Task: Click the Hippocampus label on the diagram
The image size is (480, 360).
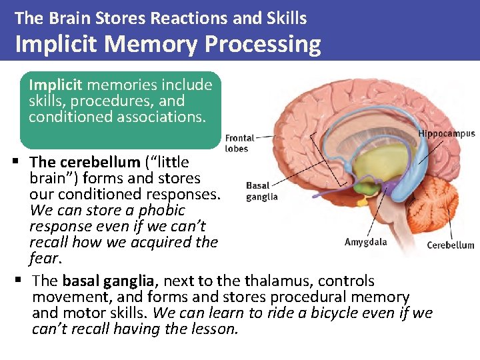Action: pos(447,133)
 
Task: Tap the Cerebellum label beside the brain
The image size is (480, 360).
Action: pos(451,245)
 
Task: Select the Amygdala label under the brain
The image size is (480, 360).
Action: pos(365,242)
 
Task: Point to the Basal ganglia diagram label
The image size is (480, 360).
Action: pos(261,191)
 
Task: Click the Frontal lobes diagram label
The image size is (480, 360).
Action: pos(239,143)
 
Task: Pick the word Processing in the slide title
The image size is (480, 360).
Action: pos(263,44)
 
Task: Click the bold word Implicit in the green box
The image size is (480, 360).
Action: pos(56,85)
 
